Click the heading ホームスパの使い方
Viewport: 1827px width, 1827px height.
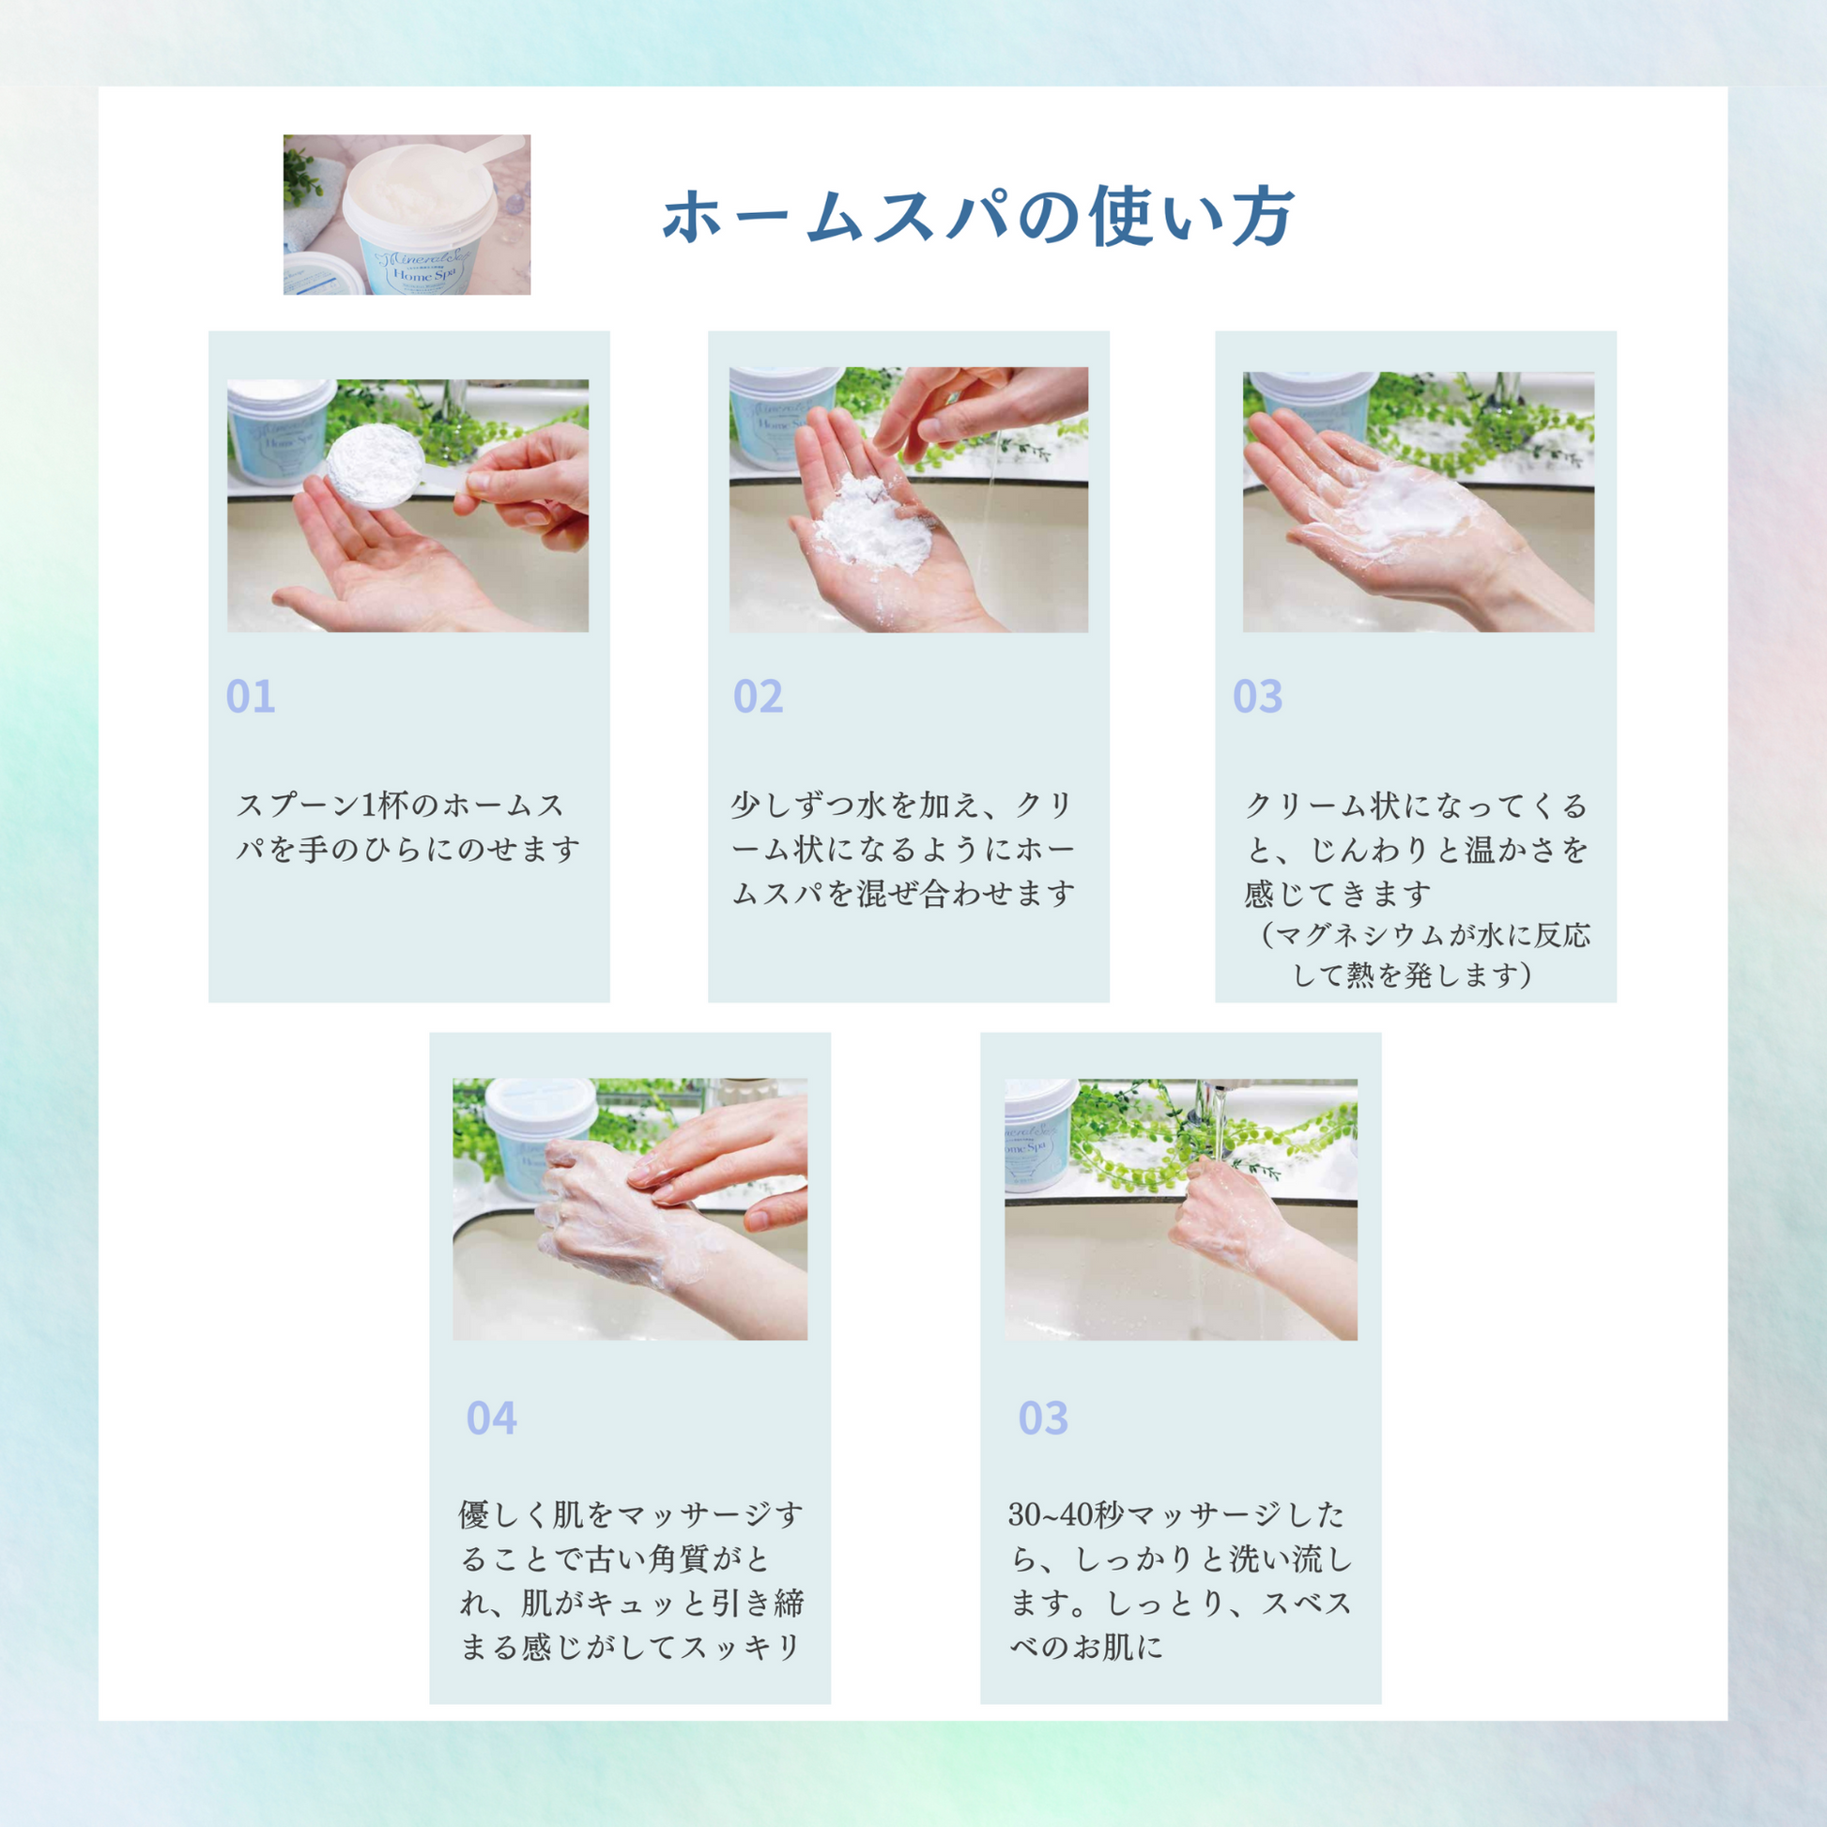tap(977, 218)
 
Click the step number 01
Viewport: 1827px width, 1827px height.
tap(251, 697)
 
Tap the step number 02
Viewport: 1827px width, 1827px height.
tap(758, 697)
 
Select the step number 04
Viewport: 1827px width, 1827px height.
tap(492, 1419)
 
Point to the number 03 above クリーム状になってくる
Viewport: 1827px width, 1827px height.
tap(1258, 697)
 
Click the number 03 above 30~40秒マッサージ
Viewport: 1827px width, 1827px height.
tap(1043, 1419)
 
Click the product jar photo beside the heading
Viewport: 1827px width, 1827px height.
tap(407, 215)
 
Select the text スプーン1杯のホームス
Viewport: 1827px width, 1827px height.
tap(400, 806)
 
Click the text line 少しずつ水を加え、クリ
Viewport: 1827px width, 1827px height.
tap(902, 806)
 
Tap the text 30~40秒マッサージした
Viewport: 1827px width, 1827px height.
tap(1176, 1515)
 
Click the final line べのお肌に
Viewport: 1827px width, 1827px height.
tap(1086, 1648)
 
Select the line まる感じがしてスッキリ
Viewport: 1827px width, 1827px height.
tap(631, 1648)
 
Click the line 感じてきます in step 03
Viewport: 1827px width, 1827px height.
tap(1337, 894)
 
